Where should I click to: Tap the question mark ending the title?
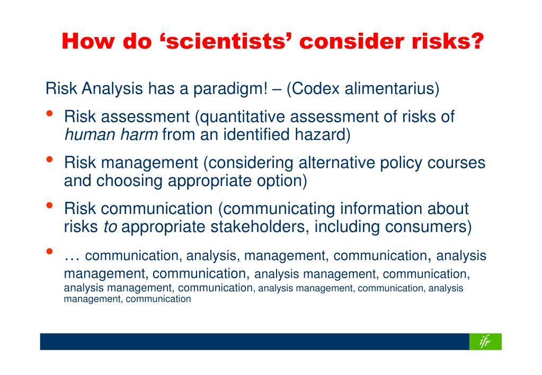[476, 41]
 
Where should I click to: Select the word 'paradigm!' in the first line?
[230, 89]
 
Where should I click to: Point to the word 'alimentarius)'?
[392, 88]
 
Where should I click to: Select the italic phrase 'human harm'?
[111, 135]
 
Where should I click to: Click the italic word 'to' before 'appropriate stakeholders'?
[110, 227]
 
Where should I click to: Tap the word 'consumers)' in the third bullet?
[428, 227]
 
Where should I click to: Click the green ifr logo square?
[485, 342]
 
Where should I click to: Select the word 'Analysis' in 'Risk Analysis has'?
[112, 89]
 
